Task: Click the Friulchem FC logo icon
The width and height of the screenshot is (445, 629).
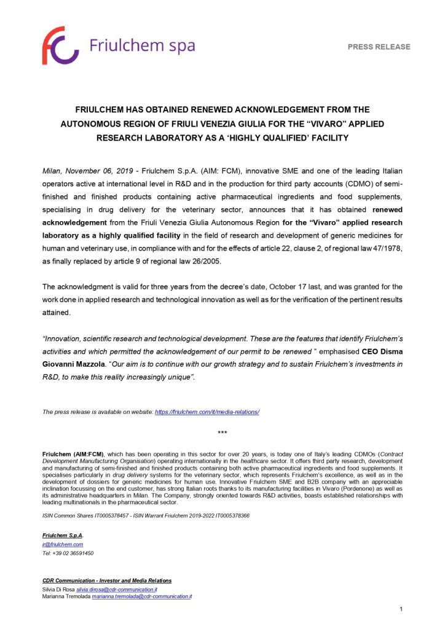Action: [60, 45]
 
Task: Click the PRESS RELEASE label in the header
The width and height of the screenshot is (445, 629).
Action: [379, 47]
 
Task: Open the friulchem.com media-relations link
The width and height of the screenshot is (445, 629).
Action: [207, 412]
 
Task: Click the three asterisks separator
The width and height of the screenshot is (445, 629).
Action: [222, 434]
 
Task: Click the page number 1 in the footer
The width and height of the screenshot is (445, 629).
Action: [401, 609]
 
